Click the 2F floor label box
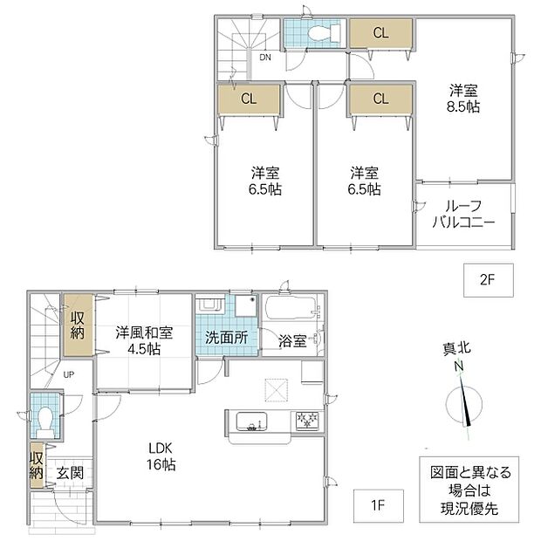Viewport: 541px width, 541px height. (489, 280)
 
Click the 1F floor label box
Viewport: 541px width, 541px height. (378, 505)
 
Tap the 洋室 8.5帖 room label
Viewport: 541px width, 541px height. (463, 99)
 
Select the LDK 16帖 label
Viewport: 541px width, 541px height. (161, 456)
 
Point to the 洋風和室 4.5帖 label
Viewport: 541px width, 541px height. (144, 341)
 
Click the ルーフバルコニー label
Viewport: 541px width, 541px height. (463, 215)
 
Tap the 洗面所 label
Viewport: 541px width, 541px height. (226, 338)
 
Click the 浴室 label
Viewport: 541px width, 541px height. (292, 341)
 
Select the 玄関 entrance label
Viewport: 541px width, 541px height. (70, 473)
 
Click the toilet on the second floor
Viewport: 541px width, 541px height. (324, 33)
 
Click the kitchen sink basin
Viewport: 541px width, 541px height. (251, 421)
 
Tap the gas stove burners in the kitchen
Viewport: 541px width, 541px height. (307, 421)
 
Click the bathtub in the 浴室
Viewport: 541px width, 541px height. (291, 308)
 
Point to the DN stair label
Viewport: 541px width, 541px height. (265, 58)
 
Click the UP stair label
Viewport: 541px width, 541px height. (69, 374)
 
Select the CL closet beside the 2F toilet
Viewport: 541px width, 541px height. (381, 33)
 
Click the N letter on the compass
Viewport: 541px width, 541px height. (459, 366)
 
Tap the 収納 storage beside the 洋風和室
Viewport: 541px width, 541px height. (78, 325)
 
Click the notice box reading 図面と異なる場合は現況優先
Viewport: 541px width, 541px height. (469, 490)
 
